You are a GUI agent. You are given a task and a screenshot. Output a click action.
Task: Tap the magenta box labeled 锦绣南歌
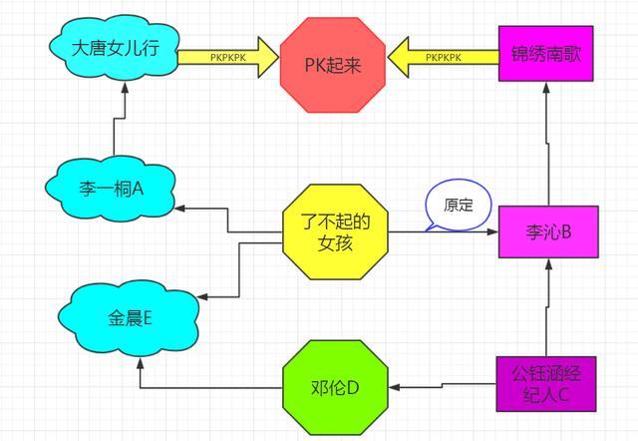tap(545, 55)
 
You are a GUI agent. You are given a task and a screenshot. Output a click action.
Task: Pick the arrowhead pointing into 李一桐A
tap(183, 208)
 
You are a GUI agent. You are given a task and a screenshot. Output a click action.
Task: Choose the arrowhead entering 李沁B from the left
tap(491, 232)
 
